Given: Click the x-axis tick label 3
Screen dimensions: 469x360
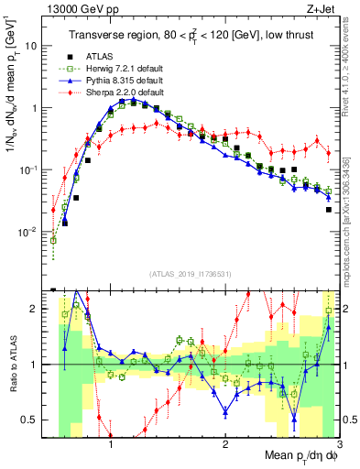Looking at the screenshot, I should point(340,442).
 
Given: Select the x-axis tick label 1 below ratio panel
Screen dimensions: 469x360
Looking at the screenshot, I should point(111,442).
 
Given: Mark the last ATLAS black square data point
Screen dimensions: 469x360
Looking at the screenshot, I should point(329,210).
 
